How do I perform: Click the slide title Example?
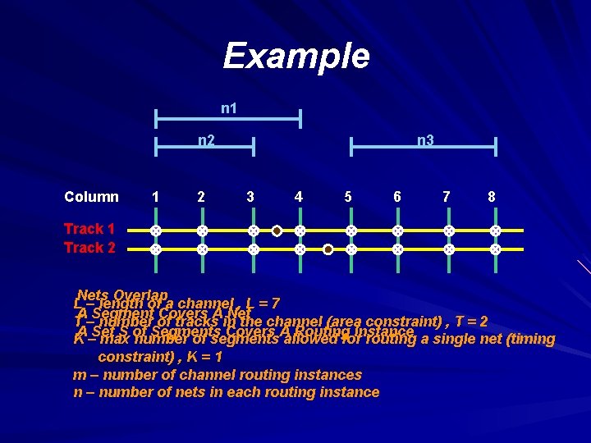(x=296, y=56)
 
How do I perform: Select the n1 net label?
(x=229, y=108)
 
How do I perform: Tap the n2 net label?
(x=206, y=140)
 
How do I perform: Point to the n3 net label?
(x=425, y=140)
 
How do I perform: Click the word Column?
(x=91, y=196)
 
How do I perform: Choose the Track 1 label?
(x=89, y=229)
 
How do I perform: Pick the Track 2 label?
(x=89, y=247)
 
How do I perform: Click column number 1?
(x=155, y=196)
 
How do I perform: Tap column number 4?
(x=299, y=196)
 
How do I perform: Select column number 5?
(x=348, y=196)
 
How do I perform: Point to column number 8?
(x=492, y=196)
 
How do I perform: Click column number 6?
(x=397, y=196)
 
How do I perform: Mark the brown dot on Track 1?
(x=277, y=231)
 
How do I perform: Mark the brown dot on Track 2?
(x=328, y=249)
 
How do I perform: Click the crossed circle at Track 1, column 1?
(x=154, y=231)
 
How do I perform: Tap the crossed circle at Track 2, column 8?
(x=495, y=249)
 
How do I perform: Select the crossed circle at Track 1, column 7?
(x=448, y=231)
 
